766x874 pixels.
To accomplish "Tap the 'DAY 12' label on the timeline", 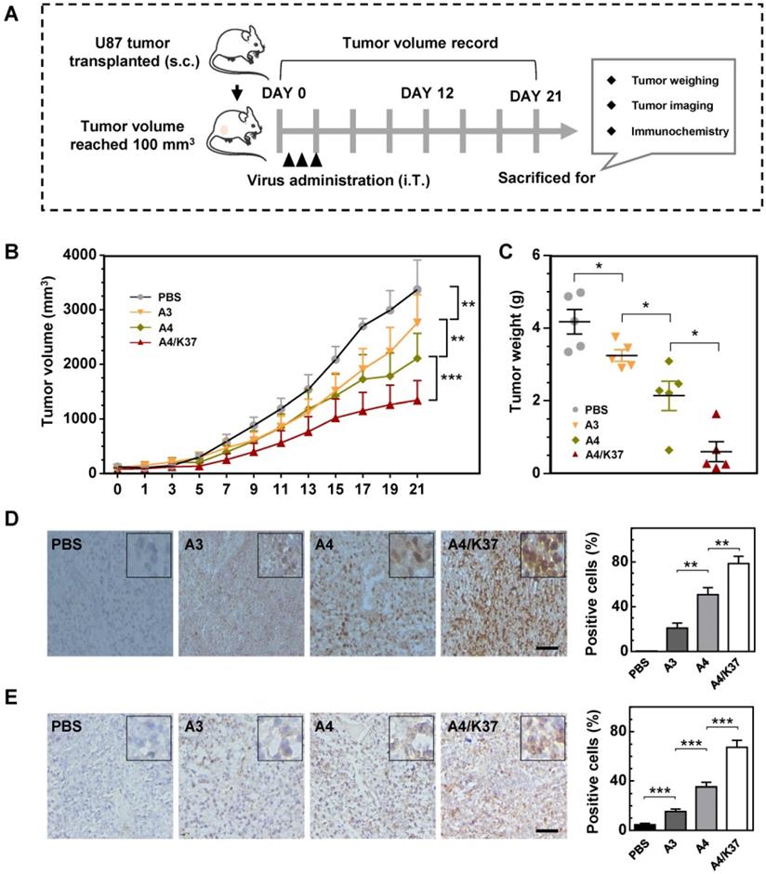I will click(x=429, y=95).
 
